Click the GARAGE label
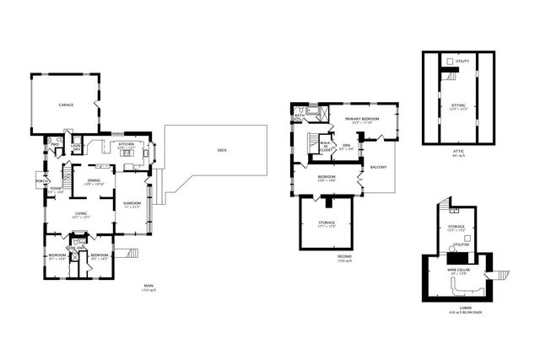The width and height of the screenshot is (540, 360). [65, 105]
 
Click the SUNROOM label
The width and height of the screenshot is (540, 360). [132, 205]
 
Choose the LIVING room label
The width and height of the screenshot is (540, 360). [81, 215]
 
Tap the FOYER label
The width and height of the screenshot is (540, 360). [56, 190]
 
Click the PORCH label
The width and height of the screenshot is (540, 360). [40, 181]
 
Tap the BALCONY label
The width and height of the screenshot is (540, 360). [377, 168]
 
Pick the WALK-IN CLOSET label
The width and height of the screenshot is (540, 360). [325, 147]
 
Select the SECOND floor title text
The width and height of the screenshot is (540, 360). [343, 256]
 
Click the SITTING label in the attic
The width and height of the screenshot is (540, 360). [458, 105]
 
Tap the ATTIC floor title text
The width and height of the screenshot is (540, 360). [458, 152]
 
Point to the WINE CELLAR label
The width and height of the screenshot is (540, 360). [458, 271]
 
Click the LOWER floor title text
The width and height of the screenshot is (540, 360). [459, 309]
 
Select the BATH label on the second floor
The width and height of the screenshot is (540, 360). [300, 116]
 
